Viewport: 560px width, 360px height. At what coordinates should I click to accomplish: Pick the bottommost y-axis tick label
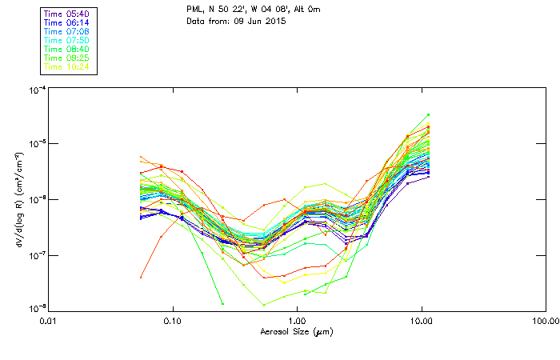[x=36, y=308]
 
